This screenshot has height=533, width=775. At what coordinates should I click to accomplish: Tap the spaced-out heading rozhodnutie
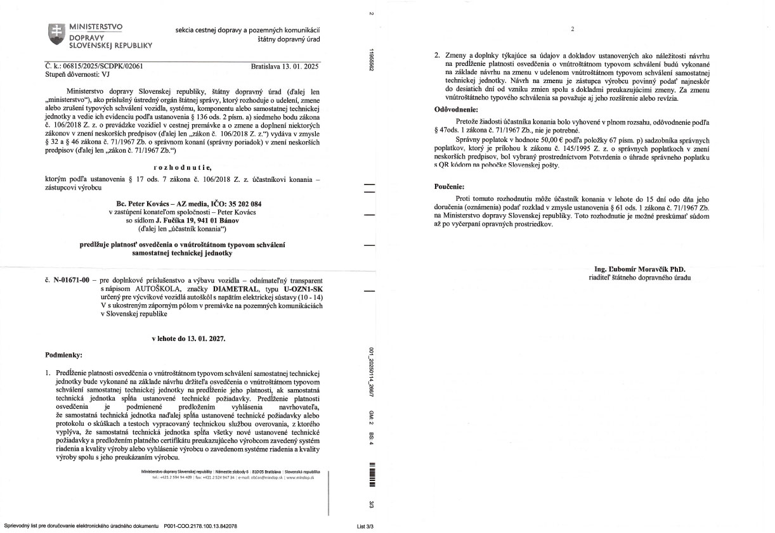(x=183, y=167)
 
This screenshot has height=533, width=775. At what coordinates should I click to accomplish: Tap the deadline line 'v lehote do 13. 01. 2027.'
(x=188, y=339)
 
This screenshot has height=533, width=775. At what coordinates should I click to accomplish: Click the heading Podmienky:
(x=65, y=354)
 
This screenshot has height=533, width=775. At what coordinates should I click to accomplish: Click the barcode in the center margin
(x=372, y=475)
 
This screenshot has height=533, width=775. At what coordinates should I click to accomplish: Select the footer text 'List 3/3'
(x=366, y=526)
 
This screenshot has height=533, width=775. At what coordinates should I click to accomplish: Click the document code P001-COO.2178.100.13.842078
(x=200, y=526)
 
